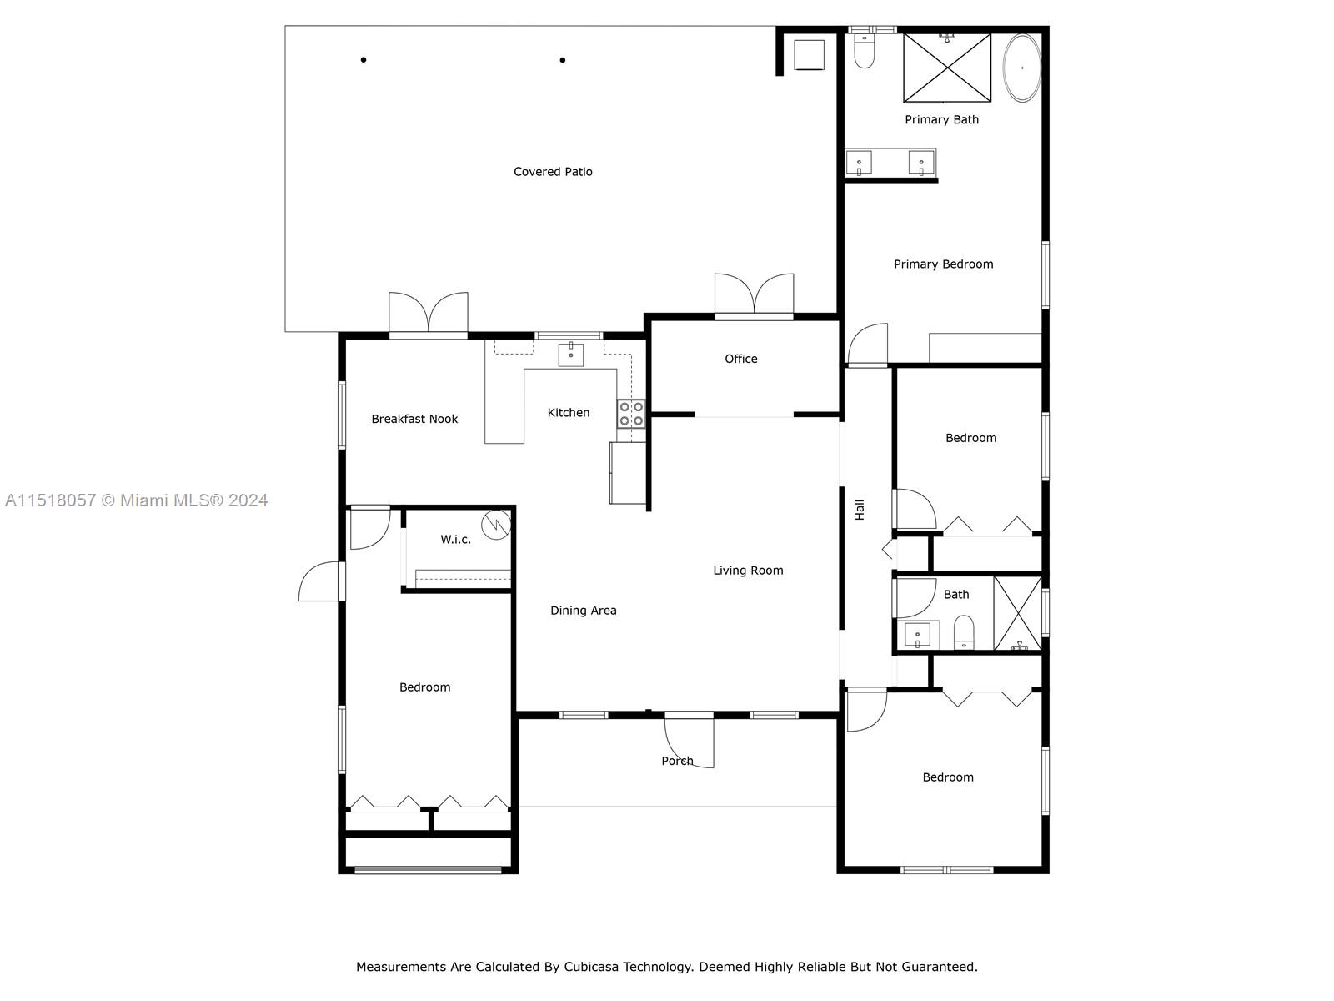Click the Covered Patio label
tap(553, 172)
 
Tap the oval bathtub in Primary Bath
tap(1021, 68)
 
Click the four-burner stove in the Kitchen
tap(630, 414)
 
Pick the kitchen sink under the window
tap(570, 354)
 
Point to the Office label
tap(740, 359)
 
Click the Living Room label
tap(748, 571)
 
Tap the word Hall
tap(860, 510)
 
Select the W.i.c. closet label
tap(455, 540)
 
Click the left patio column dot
tap(364, 60)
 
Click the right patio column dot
tap(563, 60)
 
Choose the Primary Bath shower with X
tap(947, 67)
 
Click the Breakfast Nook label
tap(414, 419)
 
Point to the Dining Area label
tap(583, 611)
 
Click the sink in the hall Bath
tap(917, 635)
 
